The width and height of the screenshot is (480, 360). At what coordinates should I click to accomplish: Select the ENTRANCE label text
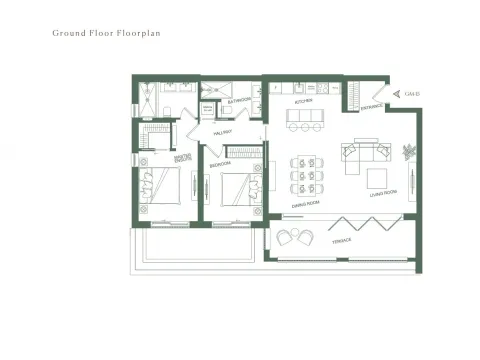371,104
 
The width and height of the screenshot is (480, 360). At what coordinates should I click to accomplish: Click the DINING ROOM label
305,205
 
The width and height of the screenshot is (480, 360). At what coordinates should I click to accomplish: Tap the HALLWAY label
224,131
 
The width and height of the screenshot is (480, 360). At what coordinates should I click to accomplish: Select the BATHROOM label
239,101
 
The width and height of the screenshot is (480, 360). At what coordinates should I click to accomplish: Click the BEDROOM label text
220,164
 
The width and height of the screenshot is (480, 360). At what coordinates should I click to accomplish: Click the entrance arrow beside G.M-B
399,93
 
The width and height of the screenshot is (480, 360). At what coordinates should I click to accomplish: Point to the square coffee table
378,178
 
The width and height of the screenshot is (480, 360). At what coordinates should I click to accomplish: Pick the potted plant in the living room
408,151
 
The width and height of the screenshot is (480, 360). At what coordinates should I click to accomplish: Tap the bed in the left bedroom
160,186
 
